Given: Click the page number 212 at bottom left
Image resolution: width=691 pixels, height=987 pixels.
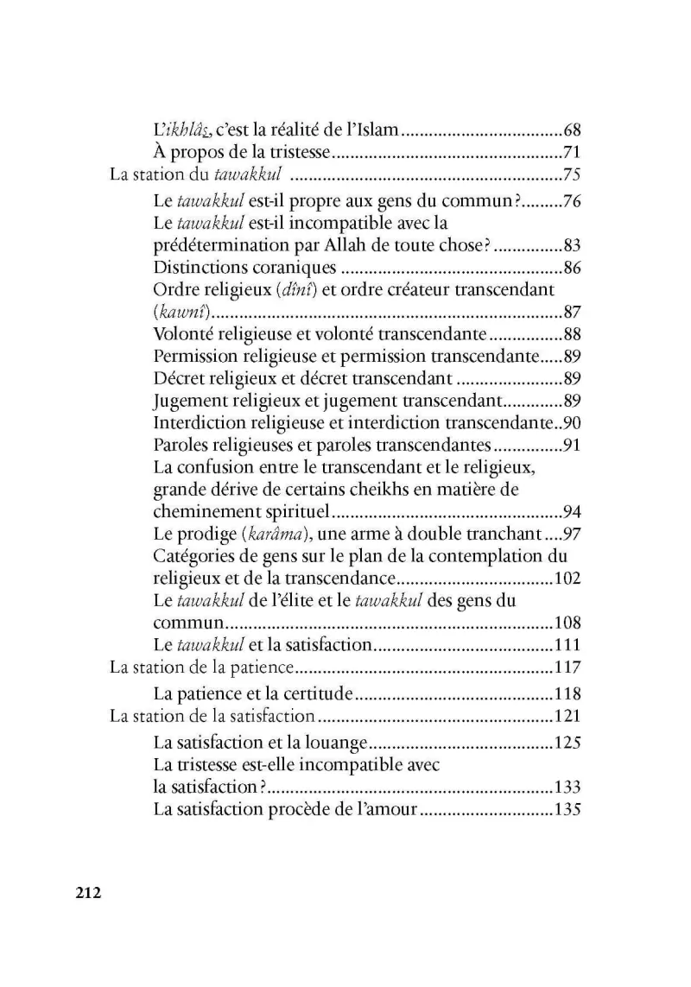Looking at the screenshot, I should [88, 893].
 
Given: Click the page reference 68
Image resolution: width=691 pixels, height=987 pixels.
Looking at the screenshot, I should [570, 131].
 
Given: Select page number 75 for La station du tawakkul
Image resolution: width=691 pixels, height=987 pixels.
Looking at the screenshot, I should [570, 176].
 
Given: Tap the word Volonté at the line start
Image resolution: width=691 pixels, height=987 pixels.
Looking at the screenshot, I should [181, 334].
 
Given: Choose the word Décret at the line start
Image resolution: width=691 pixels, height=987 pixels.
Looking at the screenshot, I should [178, 378].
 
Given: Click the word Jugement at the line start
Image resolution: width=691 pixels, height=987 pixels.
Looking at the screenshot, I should [187, 401].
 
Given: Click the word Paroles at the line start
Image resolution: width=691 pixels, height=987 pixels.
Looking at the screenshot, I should [179, 446].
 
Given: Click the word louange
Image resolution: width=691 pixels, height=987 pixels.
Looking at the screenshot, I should [338, 742].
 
